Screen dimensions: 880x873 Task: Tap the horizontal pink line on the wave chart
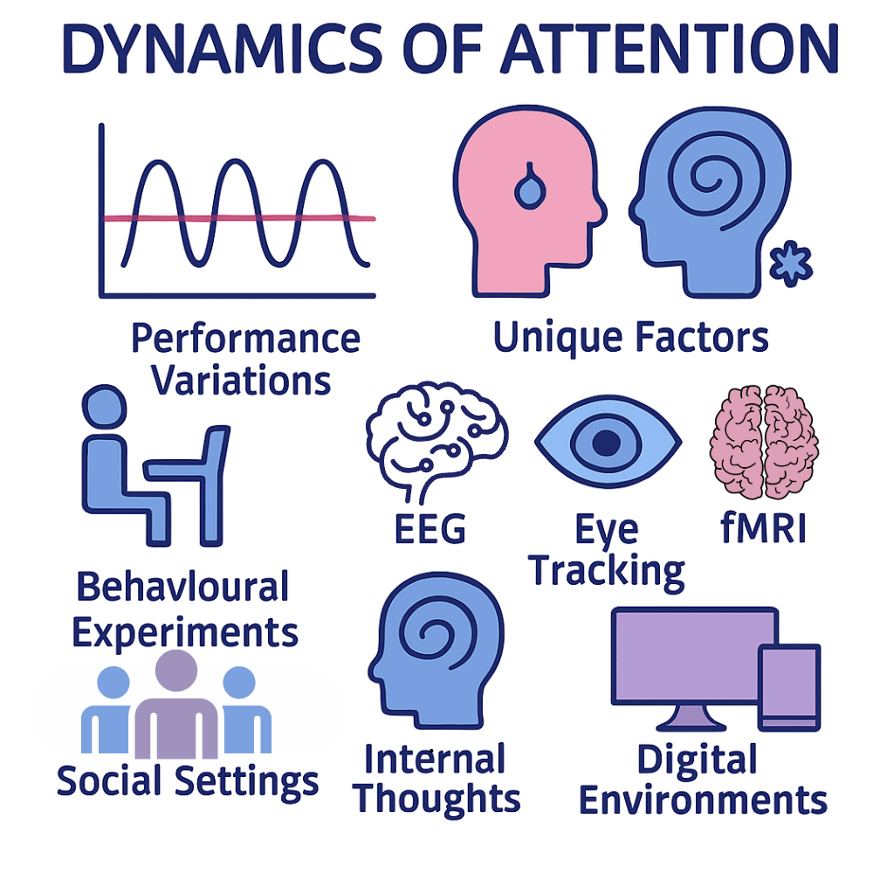point(240,218)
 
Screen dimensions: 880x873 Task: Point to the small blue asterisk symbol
point(793,265)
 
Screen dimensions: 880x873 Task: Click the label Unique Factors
point(631,337)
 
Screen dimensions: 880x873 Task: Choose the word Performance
point(245,338)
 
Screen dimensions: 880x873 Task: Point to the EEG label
point(430,529)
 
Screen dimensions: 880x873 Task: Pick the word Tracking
point(607,570)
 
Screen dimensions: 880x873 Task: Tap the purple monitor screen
point(694,656)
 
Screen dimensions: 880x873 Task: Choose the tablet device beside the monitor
point(788,687)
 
